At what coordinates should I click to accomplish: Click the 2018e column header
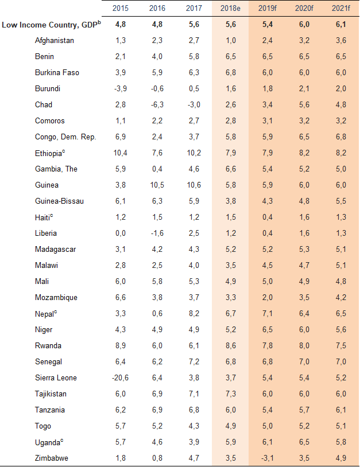coord(230,8)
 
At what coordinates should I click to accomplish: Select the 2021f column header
coord(340,8)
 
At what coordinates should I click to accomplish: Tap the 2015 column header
coord(121,8)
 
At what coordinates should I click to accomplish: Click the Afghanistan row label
coord(55,41)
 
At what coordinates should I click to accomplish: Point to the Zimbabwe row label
coord(51,458)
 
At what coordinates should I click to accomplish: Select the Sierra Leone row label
coord(56,378)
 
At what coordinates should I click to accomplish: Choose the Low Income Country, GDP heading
coord(51,25)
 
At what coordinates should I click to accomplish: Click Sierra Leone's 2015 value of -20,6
coord(121,378)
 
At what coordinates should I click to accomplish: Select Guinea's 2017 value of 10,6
coord(194,185)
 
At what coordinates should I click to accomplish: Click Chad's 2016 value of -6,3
coord(157,105)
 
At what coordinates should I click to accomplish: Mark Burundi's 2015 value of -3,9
coord(121,89)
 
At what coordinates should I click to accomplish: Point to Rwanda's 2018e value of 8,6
coord(230,346)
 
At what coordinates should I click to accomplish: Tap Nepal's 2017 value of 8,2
coord(194,314)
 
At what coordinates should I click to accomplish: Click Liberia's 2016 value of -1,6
coord(157,234)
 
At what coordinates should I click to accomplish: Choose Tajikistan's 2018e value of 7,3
coord(230,394)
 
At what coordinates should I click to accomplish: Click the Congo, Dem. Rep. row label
coord(65,137)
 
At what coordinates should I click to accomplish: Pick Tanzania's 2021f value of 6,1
coord(340,410)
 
